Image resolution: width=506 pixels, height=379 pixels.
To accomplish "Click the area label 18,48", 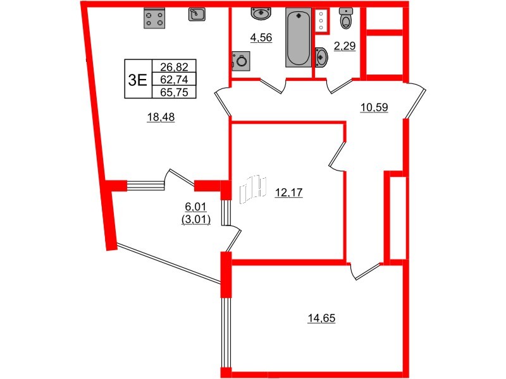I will (x=161, y=117).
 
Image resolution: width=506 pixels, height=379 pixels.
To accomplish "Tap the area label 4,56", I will (x=261, y=38).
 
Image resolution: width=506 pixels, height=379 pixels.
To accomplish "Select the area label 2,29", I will (x=344, y=45).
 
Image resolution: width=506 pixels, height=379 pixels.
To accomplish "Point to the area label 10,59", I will (x=373, y=107).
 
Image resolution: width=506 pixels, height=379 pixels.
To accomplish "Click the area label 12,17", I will (x=289, y=194).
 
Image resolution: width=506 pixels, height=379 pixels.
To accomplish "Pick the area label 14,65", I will (x=321, y=318).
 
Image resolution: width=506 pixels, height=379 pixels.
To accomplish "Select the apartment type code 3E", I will (x=137, y=79).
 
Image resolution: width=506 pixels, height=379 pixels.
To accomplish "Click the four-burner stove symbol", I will (x=156, y=18).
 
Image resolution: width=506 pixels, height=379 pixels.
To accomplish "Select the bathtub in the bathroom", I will (x=298, y=37).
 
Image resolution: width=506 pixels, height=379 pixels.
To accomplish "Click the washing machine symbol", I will (x=242, y=61).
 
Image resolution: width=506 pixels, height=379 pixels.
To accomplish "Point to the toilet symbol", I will (x=345, y=19).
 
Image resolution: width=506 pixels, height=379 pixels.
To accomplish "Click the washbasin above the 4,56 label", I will (x=262, y=13).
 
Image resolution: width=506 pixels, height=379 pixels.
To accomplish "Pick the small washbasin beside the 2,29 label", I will (x=321, y=57).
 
